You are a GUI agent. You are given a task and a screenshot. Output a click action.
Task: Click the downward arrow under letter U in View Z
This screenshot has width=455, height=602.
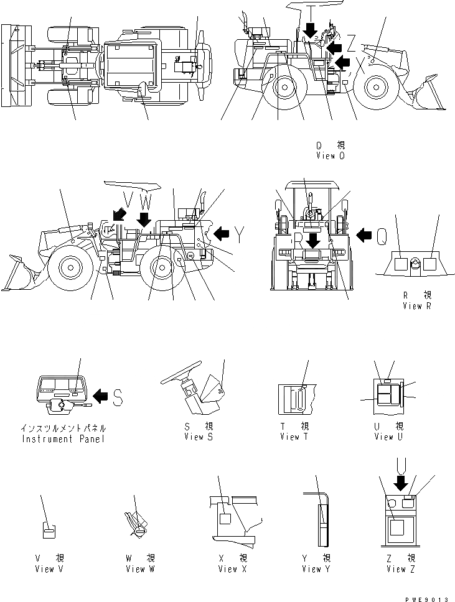400,482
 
